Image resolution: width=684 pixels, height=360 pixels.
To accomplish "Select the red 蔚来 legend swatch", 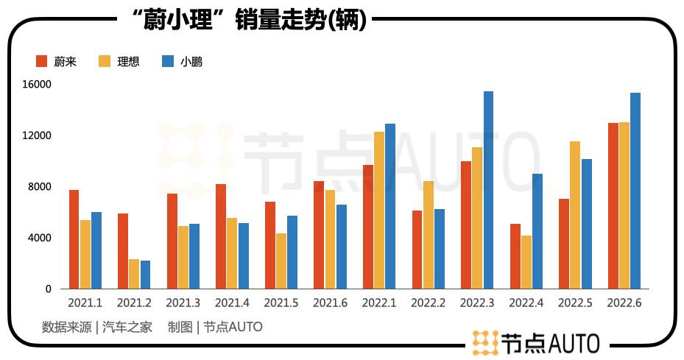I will (x=41, y=61).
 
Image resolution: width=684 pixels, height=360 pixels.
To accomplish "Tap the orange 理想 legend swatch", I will (x=105, y=61).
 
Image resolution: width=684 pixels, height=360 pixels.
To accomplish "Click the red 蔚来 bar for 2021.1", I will (x=74, y=239).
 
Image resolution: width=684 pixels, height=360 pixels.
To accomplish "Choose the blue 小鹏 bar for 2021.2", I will (x=145, y=275).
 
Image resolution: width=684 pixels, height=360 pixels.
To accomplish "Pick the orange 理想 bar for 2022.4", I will (x=526, y=262).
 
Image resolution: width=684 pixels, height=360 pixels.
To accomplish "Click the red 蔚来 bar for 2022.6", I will (x=613, y=206).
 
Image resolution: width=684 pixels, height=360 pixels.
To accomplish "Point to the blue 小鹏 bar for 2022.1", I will (x=390, y=206).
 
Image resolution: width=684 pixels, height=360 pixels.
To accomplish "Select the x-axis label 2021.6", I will (x=329, y=303).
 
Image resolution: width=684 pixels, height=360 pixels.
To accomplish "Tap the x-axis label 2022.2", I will (x=427, y=303).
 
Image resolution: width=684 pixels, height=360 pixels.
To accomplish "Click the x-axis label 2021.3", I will (x=183, y=303).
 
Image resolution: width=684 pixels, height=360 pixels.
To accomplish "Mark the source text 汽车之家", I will (x=127, y=327).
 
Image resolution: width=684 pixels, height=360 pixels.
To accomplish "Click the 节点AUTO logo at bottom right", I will (x=535, y=342).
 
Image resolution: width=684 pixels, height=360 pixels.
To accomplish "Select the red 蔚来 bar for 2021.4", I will (x=220, y=236).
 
